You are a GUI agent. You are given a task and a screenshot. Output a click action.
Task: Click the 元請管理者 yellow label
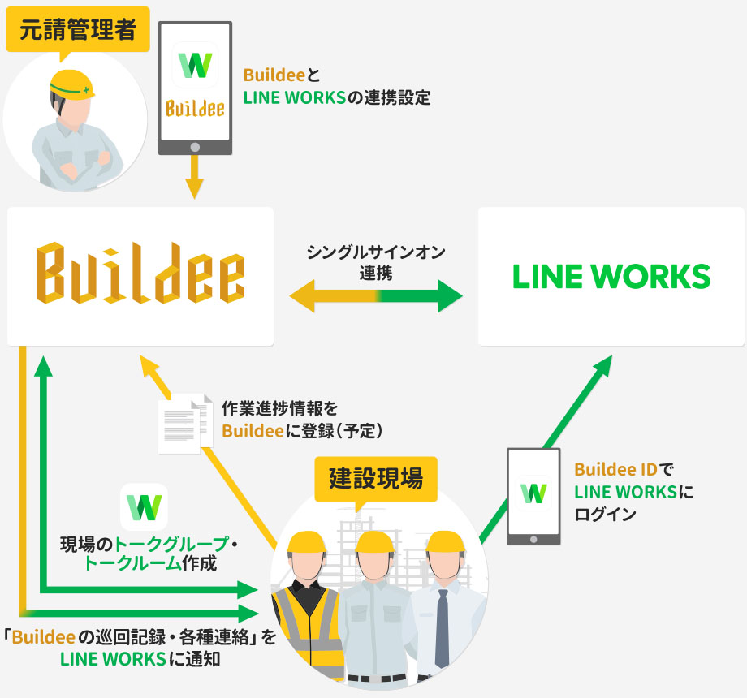click(78, 29)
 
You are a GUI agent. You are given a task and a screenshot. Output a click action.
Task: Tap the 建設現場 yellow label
click(376, 479)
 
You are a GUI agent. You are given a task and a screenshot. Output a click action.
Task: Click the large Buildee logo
click(140, 273)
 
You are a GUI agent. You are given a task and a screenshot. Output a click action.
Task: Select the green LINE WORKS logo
click(611, 276)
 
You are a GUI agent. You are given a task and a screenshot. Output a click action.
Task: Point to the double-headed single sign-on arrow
click(376, 295)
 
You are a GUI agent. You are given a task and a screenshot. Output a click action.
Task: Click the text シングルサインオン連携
click(376, 262)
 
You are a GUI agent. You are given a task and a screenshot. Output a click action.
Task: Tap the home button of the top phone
click(195, 147)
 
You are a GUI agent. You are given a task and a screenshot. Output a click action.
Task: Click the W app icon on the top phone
click(195, 65)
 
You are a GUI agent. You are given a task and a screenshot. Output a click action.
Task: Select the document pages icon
click(185, 424)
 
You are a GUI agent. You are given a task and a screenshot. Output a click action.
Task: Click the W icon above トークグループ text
click(144, 507)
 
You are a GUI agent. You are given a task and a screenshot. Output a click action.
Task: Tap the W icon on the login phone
click(533, 493)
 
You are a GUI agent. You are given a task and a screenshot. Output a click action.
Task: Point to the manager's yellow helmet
click(72, 84)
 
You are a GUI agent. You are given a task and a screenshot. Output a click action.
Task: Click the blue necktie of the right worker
click(442, 628)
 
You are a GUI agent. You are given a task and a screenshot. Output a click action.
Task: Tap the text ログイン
click(605, 515)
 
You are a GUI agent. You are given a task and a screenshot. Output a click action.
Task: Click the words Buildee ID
click(616, 469)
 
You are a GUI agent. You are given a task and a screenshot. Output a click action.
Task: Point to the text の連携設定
click(389, 97)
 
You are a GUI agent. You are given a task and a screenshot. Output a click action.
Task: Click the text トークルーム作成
click(150, 563)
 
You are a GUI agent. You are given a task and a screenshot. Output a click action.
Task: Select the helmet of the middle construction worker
click(375, 542)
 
